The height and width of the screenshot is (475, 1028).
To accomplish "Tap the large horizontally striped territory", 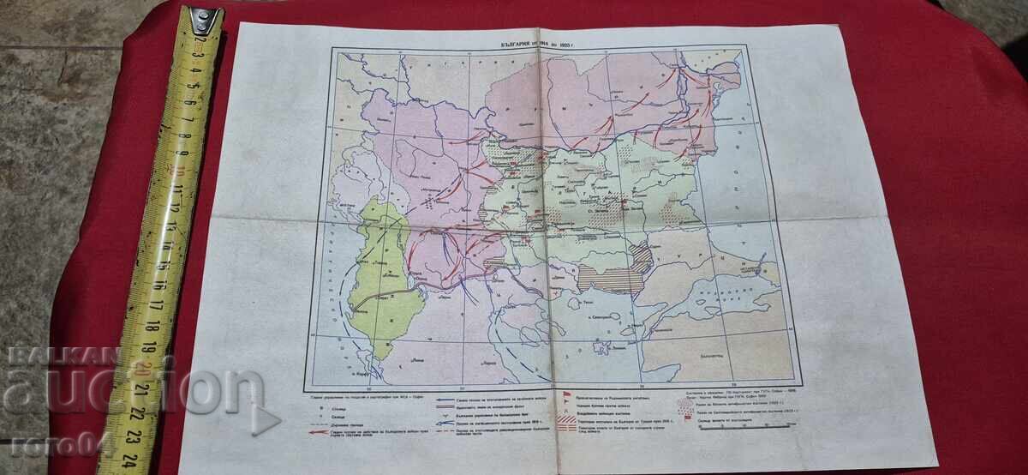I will pos(611,279).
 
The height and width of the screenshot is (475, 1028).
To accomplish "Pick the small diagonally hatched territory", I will pos(641,255).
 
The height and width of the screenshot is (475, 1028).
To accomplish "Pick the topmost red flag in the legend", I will pos(565,396).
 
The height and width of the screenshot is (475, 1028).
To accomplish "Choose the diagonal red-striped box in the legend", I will pos(565,422).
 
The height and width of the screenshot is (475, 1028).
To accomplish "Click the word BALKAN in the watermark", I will pos(63,354).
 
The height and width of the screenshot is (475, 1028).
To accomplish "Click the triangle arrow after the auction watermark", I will pos(266,418).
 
